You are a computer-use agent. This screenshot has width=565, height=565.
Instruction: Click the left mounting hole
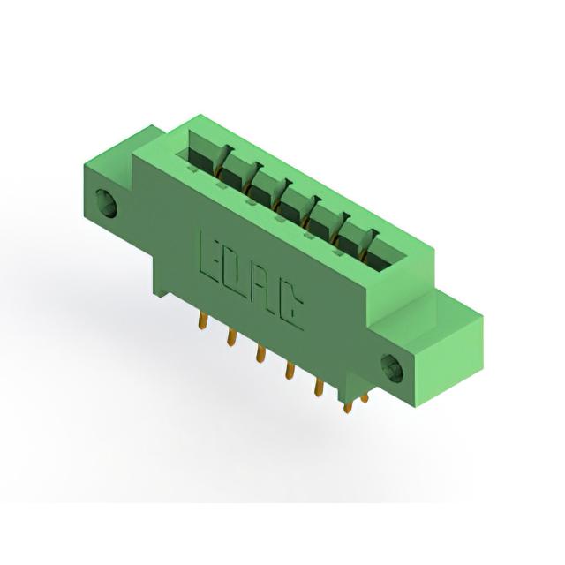[106, 204]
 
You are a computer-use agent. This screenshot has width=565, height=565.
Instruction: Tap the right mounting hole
[392, 369]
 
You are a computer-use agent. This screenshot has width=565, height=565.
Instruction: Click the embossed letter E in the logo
[210, 259]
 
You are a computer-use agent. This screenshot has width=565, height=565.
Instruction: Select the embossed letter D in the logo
[237, 275]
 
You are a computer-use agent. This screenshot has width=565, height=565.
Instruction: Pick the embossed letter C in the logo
[291, 306]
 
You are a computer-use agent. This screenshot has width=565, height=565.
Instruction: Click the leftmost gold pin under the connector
[203, 320]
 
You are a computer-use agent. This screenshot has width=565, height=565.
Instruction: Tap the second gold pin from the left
[231, 336]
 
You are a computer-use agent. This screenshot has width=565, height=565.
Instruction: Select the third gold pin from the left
[260, 353]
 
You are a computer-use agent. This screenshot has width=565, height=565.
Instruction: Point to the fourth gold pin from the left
[290, 370]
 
